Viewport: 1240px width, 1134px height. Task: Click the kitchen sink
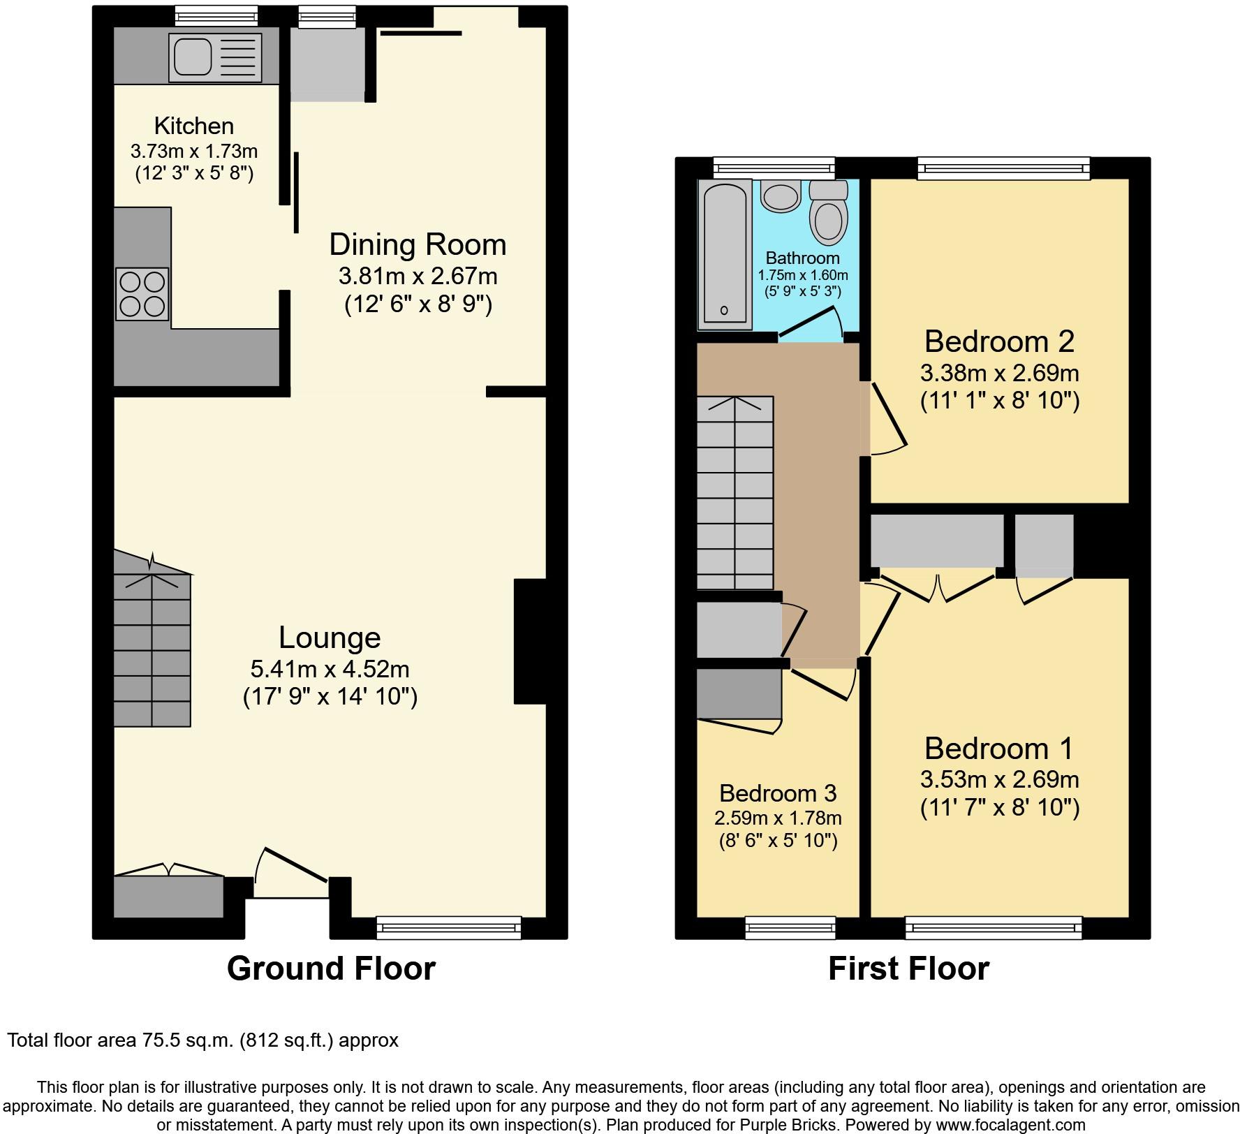pos(214,57)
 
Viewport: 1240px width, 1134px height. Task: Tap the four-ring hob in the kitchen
pos(142,294)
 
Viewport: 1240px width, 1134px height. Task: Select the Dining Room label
pos(418,244)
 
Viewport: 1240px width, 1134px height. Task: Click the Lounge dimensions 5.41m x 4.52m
pos(330,669)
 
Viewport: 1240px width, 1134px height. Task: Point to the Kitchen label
pos(194,126)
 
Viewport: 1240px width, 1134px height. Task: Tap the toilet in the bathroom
pos(829,212)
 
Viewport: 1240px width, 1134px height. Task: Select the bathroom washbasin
pos(781,196)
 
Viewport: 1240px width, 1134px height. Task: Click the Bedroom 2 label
pos(999,341)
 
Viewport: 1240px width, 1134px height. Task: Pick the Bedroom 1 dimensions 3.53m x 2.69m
pos(1000,779)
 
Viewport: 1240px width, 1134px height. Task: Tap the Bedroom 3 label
pos(778,793)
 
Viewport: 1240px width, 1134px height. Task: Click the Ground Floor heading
pos(331,969)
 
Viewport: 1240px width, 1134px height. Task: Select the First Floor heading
pos(908,969)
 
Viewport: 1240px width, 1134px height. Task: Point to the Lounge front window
pos(449,927)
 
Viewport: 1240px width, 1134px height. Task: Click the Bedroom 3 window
pos(790,927)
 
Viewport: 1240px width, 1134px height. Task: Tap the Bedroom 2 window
pos(1004,168)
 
